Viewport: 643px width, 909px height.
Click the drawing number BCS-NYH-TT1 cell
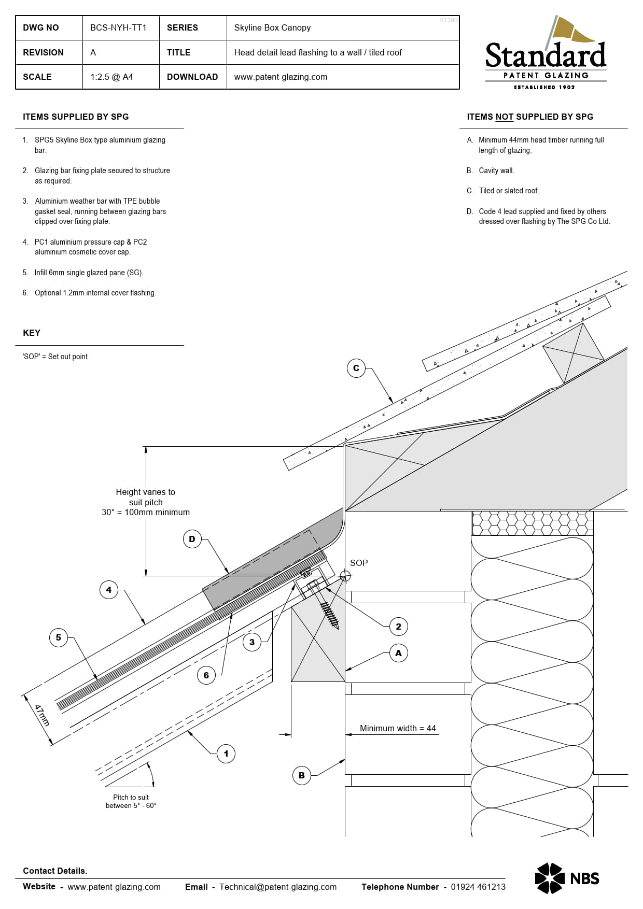(119, 28)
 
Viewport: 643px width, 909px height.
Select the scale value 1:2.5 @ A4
(112, 77)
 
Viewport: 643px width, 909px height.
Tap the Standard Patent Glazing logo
(546, 54)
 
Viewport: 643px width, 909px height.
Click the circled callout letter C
(356, 368)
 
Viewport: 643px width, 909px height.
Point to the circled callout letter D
(192, 539)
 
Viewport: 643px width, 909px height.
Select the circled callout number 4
(108, 590)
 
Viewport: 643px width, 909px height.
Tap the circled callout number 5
(58, 637)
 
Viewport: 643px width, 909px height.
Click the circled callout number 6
(206, 675)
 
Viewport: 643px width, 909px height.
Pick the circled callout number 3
(251, 642)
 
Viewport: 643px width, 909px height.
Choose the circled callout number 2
(398, 627)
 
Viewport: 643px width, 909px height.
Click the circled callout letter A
(398, 653)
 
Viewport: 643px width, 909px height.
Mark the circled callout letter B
(301, 775)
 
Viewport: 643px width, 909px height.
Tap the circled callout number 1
(226, 754)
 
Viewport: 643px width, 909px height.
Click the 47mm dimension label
(41, 715)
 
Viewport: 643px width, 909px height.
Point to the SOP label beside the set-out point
(359, 563)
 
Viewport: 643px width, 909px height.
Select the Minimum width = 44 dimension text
(398, 728)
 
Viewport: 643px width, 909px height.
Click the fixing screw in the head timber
(328, 612)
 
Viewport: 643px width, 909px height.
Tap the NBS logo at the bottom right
(567, 878)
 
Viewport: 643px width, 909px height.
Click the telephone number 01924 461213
(478, 887)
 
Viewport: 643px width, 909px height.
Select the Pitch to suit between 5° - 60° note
(131, 801)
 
